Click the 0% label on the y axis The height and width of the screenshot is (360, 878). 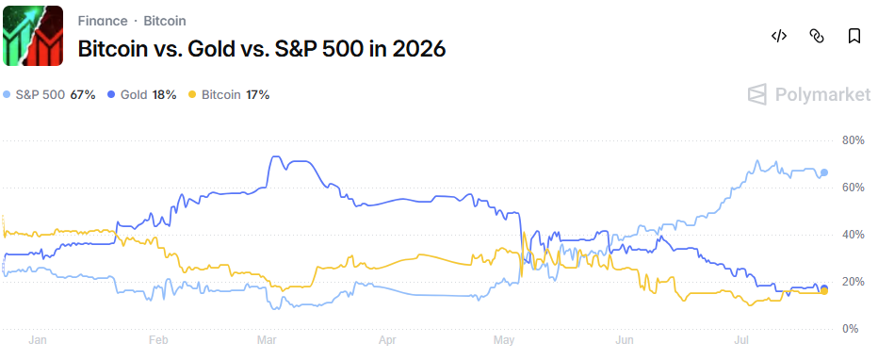[x=852, y=329]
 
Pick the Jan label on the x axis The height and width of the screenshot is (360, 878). [x=37, y=340]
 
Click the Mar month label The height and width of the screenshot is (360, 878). [x=265, y=340]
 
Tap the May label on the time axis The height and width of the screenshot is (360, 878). [x=503, y=340]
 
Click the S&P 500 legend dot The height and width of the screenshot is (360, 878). [x=7, y=94]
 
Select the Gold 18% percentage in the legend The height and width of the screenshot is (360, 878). [x=164, y=94]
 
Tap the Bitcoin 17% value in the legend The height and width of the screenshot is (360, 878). [x=257, y=94]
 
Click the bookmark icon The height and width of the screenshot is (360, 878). [x=854, y=37]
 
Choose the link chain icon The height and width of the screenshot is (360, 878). [x=817, y=37]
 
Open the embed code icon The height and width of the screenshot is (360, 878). [x=779, y=37]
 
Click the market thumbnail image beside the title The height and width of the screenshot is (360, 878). [x=33, y=36]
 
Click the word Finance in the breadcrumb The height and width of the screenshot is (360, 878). [x=103, y=22]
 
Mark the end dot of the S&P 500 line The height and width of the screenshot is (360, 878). [x=823, y=172]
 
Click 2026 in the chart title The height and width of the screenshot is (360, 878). [x=419, y=49]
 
